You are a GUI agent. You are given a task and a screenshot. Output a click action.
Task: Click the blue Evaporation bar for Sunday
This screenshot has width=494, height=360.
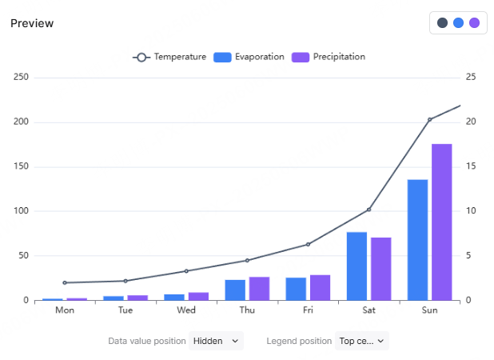(x=417, y=240)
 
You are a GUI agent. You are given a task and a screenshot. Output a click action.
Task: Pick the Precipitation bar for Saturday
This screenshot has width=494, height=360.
(x=381, y=269)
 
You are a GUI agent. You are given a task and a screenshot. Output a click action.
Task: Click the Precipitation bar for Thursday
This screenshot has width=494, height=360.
(x=259, y=289)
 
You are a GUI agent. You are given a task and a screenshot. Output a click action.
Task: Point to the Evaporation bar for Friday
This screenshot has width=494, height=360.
(x=296, y=289)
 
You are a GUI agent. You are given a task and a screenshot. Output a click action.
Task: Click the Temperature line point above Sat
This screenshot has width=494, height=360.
(x=369, y=210)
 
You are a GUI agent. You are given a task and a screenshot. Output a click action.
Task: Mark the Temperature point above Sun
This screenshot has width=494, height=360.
(x=429, y=120)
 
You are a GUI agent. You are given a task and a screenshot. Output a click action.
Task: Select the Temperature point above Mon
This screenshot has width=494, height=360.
(x=65, y=282)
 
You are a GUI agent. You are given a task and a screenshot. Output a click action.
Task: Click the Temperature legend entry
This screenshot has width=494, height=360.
(x=169, y=57)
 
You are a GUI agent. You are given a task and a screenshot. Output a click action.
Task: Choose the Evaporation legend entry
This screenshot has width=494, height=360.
(x=249, y=57)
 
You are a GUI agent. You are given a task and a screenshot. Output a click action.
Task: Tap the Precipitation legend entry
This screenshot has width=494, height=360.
(x=329, y=57)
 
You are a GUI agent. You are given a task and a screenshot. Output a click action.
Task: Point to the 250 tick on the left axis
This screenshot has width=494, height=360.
(x=21, y=78)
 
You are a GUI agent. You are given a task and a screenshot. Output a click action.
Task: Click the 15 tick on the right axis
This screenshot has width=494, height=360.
(x=471, y=166)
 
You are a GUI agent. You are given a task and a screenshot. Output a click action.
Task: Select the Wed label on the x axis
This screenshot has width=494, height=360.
(x=186, y=310)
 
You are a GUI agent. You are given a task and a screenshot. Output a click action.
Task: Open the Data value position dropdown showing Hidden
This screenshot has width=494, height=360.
(x=216, y=341)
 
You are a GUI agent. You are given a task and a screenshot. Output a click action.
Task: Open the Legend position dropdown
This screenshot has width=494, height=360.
(x=362, y=341)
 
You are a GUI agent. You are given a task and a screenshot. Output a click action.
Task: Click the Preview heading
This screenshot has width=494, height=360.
(x=32, y=23)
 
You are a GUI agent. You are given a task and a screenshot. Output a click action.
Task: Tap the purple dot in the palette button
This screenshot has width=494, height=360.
(x=474, y=23)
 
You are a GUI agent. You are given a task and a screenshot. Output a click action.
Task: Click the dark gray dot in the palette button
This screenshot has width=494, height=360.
(x=442, y=23)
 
